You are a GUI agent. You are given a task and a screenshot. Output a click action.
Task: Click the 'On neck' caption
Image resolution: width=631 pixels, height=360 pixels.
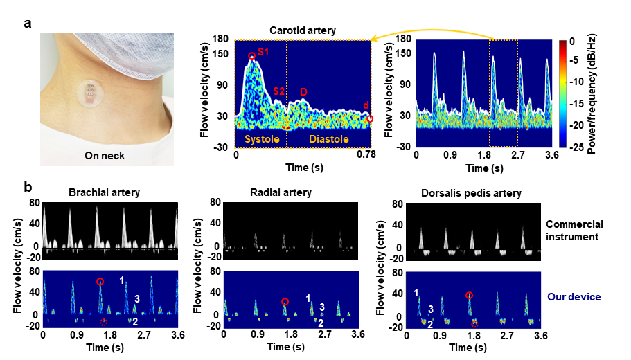click(105, 156)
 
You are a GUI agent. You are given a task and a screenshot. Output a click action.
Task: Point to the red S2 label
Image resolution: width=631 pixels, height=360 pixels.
click(278, 91)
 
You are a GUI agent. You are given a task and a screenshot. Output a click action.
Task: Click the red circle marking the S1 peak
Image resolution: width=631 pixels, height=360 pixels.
click(251, 55)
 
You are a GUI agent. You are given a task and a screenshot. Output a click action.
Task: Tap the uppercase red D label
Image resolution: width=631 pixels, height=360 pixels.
click(303, 91)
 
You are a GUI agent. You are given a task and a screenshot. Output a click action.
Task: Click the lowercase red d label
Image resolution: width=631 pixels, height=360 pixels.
click(366, 105)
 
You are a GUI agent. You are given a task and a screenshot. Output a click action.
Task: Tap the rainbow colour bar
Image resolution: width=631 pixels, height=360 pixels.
click(562, 93)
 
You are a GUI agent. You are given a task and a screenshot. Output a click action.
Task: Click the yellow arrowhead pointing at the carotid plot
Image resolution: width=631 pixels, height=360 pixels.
click(375, 39)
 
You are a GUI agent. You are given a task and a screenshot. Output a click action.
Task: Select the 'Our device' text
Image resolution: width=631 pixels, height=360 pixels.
click(574, 297)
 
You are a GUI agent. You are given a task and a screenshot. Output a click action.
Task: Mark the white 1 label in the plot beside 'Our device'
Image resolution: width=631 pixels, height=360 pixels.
click(417, 293)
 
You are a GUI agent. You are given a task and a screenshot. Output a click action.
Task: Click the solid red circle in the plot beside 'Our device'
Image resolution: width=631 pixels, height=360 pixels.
click(469, 296)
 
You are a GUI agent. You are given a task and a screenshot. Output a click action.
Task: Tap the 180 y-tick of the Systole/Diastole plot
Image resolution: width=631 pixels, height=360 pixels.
click(222, 39)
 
